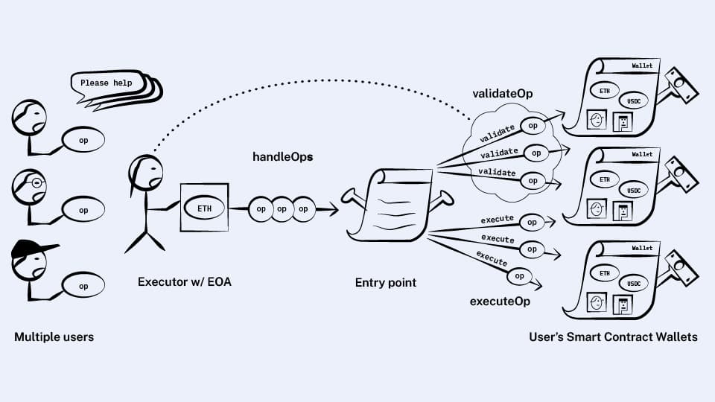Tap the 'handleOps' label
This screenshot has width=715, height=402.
click(x=282, y=157)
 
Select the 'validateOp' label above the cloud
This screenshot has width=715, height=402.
click(x=502, y=94)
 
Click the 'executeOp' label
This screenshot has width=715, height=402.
click(x=500, y=301)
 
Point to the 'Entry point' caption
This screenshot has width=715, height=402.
click(x=385, y=282)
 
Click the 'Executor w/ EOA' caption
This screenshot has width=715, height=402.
click(x=185, y=282)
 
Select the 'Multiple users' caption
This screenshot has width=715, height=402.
click(x=54, y=337)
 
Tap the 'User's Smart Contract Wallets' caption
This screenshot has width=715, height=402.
click(x=613, y=337)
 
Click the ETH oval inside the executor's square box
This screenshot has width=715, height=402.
click(x=203, y=208)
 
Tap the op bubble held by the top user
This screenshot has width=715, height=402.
click(x=83, y=140)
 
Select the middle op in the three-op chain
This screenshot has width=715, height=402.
click(x=282, y=209)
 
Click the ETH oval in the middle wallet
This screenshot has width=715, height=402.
click(x=604, y=179)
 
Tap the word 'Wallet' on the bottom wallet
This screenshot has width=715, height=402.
click(x=642, y=248)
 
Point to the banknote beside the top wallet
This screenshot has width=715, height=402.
click(x=681, y=86)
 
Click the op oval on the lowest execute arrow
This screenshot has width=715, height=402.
click(x=520, y=276)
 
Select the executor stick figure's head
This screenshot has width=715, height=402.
click(x=144, y=173)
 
